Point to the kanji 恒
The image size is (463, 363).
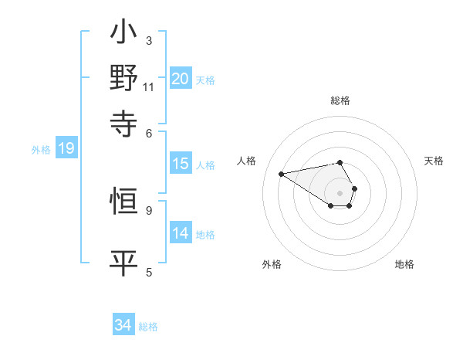pyautogui.click(x=123, y=203)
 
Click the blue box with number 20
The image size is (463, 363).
pyautogui.click(x=181, y=78)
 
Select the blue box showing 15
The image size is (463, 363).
pyautogui.click(x=181, y=164)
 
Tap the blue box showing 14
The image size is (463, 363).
pyautogui.click(x=181, y=233)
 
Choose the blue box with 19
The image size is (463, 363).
pyautogui.click(x=66, y=148)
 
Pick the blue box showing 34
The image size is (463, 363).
pyautogui.click(x=123, y=325)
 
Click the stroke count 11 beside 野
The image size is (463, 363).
pyautogui.click(x=149, y=87)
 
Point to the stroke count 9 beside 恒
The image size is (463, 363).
pyautogui.click(x=149, y=209)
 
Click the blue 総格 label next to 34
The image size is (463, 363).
pyautogui.click(x=148, y=327)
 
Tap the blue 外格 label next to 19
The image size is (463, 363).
pyautogui.click(x=41, y=150)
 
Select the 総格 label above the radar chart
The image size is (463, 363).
pyautogui.click(x=340, y=100)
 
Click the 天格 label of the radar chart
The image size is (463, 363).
pyautogui.click(x=434, y=161)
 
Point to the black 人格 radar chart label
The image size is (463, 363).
pyautogui.click(x=247, y=161)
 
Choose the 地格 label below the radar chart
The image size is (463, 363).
pyautogui.click(x=404, y=264)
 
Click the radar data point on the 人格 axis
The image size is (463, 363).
pyautogui.click(x=282, y=174)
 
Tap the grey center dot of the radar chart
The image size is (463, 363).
pyautogui.click(x=340, y=192)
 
